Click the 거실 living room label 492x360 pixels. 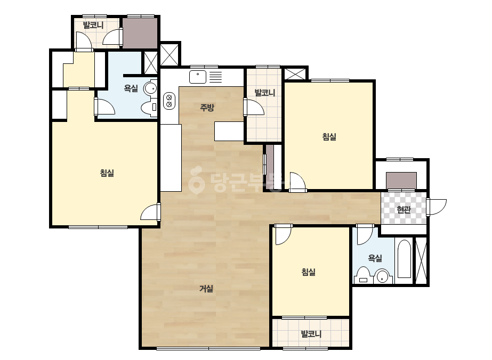click(x=206, y=289)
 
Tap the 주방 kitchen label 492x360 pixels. click(x=207, y=108)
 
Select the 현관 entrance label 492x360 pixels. click(x=404, y=209)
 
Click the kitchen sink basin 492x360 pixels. click(x=198, y=77)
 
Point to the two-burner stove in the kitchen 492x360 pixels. click(x=169, y=101)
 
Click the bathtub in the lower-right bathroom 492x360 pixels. click(x=404, y=259)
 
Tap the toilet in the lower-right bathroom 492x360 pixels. click(x=363, y=275)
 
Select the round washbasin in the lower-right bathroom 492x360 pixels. click(x=382, y=276)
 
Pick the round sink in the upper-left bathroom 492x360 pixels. click(x=150, y=88)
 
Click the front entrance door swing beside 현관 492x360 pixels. click(x=437, y=207)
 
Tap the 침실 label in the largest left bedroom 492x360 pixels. click(x=107, y=173)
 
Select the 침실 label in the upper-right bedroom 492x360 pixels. click(x=329, y=137)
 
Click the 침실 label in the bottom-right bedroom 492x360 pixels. click(x=309, y=272)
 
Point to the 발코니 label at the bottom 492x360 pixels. click(x=311, y=334)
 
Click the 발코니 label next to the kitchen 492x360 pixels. click(x=264, y=93)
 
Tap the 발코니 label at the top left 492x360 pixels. click(x=93, y=25)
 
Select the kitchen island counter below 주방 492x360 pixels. click(x=229, y=131)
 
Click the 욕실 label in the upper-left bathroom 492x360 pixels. click(x=131, y=88)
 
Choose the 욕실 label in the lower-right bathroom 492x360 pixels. click(x=375, y=258)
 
